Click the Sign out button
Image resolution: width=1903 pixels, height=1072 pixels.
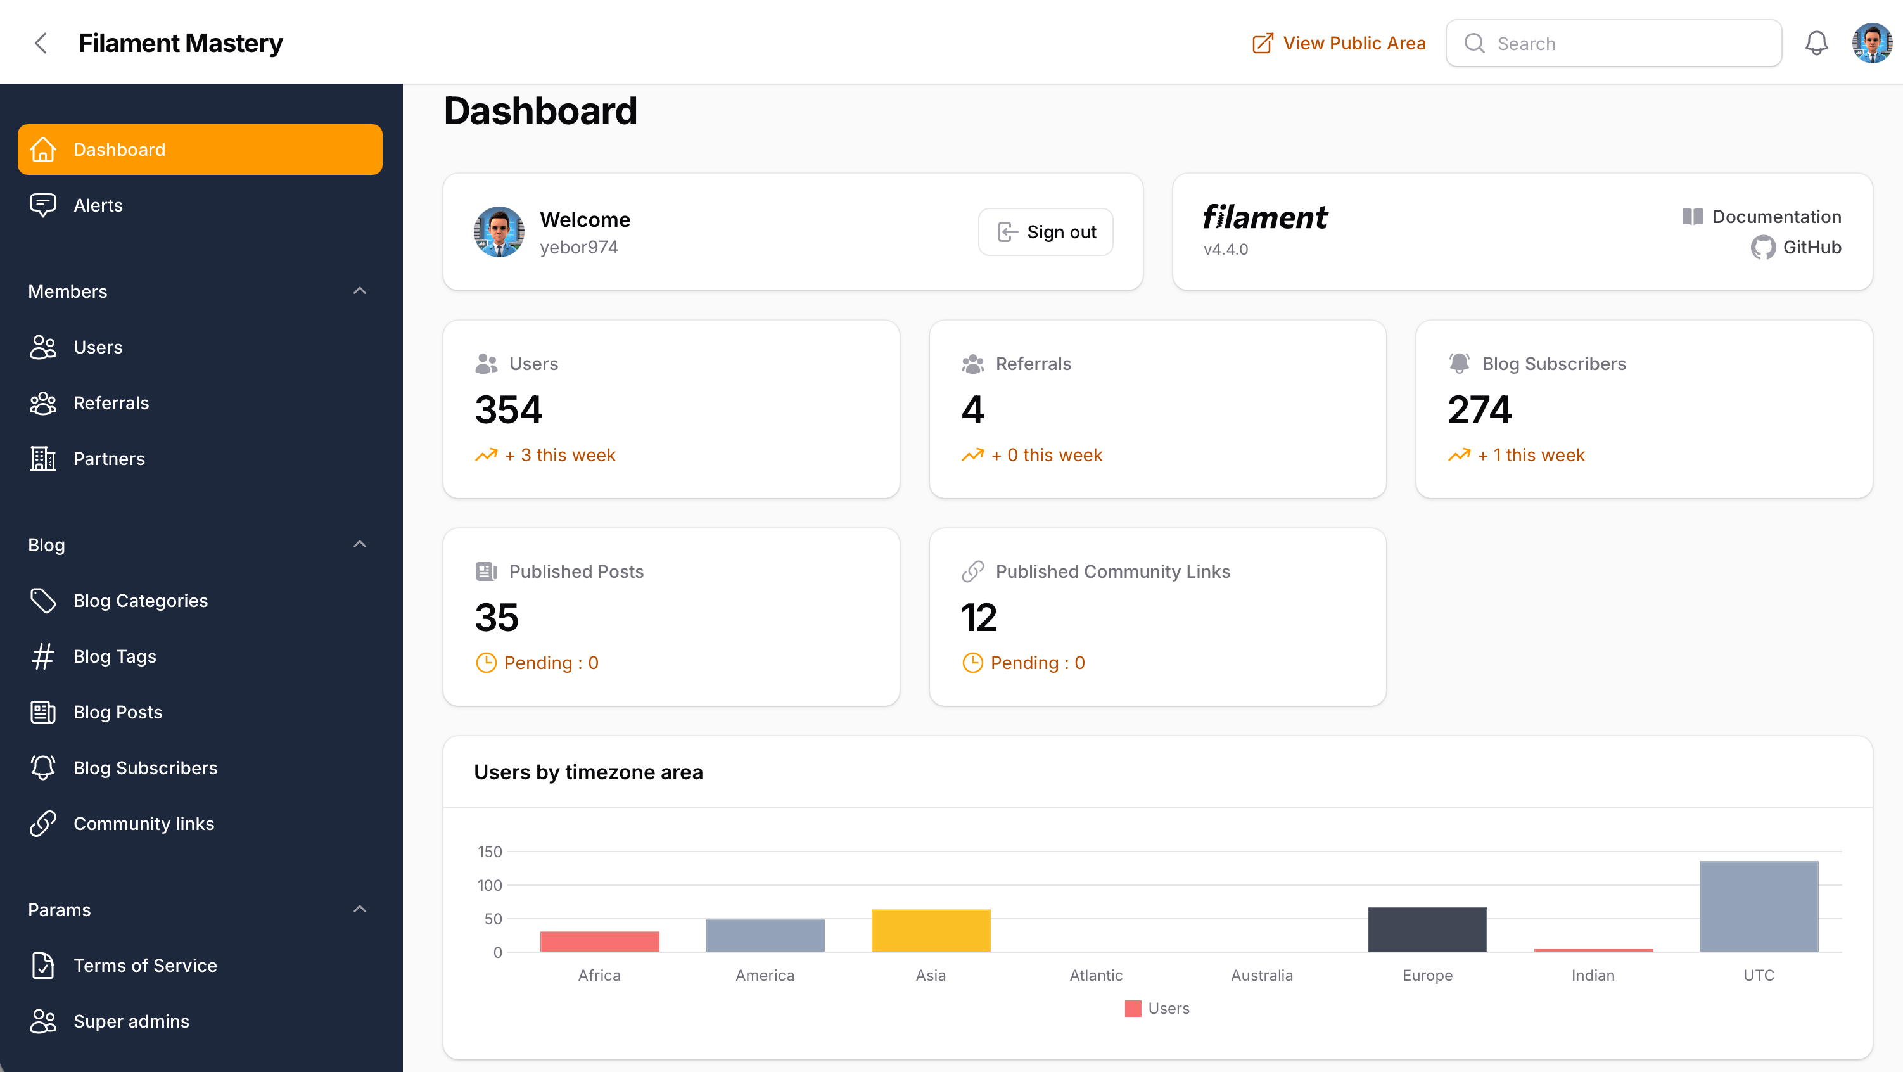click(x=1045, y=232)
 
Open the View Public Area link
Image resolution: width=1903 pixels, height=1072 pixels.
click(x=1339, y=44)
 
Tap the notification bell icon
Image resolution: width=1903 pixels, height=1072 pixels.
click(x=1816, y=44)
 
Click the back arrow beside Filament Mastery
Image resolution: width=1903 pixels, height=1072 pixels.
click(x=41, y=44)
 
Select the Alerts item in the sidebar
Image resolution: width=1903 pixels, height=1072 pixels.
click(x=98, y=205)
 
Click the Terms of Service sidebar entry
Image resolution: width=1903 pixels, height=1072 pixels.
click(x=145, y=965)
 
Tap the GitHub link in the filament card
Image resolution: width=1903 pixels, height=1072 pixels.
click(x=1796, y=248)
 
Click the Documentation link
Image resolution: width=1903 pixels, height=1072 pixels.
click(x=1762, y=217)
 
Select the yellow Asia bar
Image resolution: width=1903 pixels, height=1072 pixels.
click(x=930, y=930)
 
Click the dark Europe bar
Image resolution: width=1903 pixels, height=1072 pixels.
click(x=1427, y=929)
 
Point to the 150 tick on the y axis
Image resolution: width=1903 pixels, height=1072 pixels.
click(x=489, y=852)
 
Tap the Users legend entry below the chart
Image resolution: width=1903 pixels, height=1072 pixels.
click(x=1157, y=1009)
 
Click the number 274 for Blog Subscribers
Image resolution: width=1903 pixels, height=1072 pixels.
click(x=1479, y=410)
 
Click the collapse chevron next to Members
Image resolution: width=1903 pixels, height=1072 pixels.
click(x=360, y=291)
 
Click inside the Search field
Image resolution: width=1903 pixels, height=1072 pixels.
click(x=1626, y=44)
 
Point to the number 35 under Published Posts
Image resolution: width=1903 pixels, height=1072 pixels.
click(x=497, y=618)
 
